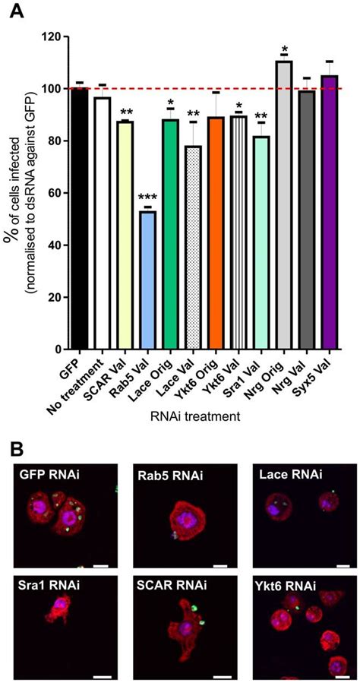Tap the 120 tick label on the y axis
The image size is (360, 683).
[x=50, y=36]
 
